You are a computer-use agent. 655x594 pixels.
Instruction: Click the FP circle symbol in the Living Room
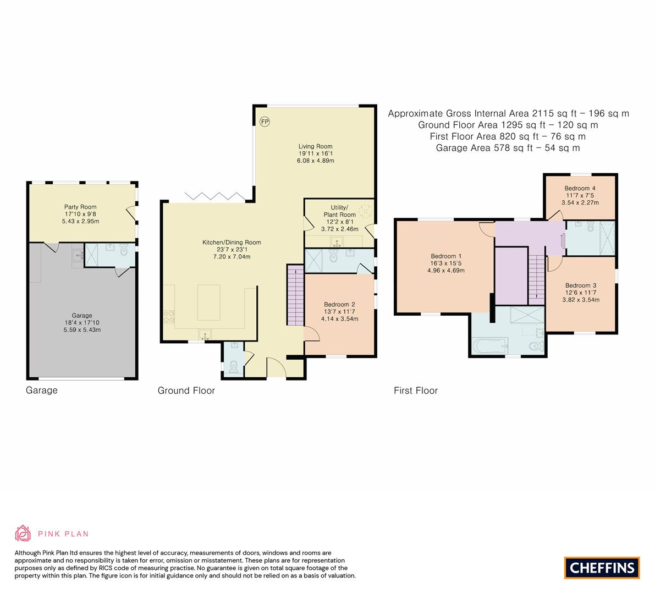[x=265, y=122]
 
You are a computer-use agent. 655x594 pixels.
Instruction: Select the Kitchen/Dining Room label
[x=231, y=242]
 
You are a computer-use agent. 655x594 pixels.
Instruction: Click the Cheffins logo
[x=602, y=568]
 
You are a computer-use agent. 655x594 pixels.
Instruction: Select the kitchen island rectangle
[x=209, y=302]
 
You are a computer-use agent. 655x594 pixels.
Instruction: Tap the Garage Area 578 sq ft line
[x=508, y=148]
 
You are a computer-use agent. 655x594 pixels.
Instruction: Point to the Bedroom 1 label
[x=446, y=256]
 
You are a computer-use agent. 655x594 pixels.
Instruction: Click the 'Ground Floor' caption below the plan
[x=186, y=391]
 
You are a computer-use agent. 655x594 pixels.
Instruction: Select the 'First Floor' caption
[x=415, y=391]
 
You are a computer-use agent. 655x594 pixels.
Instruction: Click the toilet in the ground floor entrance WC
[x=233, y=366]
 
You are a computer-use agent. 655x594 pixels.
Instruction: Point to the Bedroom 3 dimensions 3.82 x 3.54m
[x=580, y=300]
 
